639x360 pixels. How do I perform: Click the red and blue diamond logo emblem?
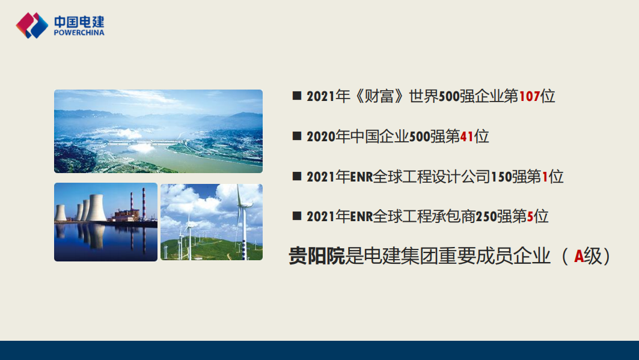pos(32,25)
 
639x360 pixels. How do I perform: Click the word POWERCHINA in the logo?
pos(79,32)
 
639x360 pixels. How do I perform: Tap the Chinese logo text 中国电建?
pos(79,21)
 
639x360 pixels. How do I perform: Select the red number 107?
pos(530,97)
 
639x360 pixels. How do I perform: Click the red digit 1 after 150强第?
pos(545,177)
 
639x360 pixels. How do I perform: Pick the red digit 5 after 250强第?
pos(530,216)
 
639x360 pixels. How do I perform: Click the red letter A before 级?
pos(579,257)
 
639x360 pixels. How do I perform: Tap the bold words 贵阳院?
pos(317,256)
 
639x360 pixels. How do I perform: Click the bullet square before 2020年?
pos(297,136)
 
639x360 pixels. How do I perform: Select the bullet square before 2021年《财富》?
pos(297,96)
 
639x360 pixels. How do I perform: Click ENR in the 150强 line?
pos(361,177)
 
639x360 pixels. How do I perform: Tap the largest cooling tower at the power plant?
pos(97,208)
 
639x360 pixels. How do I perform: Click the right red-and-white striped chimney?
pos(144,204)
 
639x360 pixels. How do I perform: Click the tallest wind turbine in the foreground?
pos(243,222)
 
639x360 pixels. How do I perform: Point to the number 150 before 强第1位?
pos(501,177)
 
